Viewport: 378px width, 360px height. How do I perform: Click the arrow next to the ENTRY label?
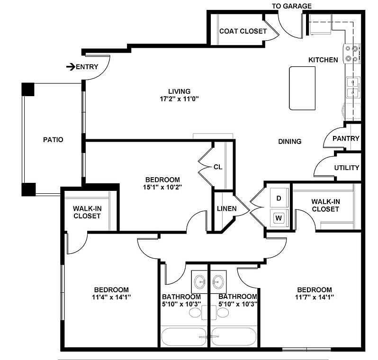71,67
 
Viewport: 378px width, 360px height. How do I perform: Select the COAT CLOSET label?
243,31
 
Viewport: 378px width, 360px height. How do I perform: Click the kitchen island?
302,88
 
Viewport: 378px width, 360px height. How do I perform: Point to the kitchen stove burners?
351,54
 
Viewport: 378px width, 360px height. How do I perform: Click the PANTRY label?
346,138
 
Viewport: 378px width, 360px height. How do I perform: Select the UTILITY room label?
347,168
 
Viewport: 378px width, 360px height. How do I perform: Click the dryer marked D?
279,198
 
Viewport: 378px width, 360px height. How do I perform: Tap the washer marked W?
279,218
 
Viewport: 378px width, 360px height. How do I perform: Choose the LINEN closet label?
226,208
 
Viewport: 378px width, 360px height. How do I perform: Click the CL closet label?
218,167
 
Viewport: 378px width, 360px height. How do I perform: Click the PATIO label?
53,140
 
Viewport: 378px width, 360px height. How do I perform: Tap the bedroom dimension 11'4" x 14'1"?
111,297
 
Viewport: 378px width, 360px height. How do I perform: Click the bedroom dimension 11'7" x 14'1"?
315,297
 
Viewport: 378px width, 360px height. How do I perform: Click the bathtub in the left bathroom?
183,337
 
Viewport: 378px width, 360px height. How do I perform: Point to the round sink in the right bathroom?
218,282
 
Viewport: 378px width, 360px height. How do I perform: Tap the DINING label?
290,141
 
